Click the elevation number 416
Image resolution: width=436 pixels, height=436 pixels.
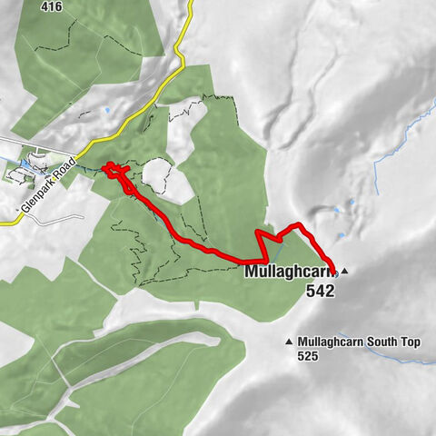coord(52,5)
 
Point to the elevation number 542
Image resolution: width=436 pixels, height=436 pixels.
coord(320,292)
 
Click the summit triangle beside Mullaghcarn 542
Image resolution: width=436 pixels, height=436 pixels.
coord(345,271)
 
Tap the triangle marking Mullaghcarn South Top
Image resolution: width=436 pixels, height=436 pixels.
coord(289,342)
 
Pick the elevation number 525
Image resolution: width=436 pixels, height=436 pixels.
coord(309,357)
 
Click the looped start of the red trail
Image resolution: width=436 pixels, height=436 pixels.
coord(111,169)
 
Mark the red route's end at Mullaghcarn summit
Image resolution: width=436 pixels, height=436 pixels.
coord(334,271)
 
